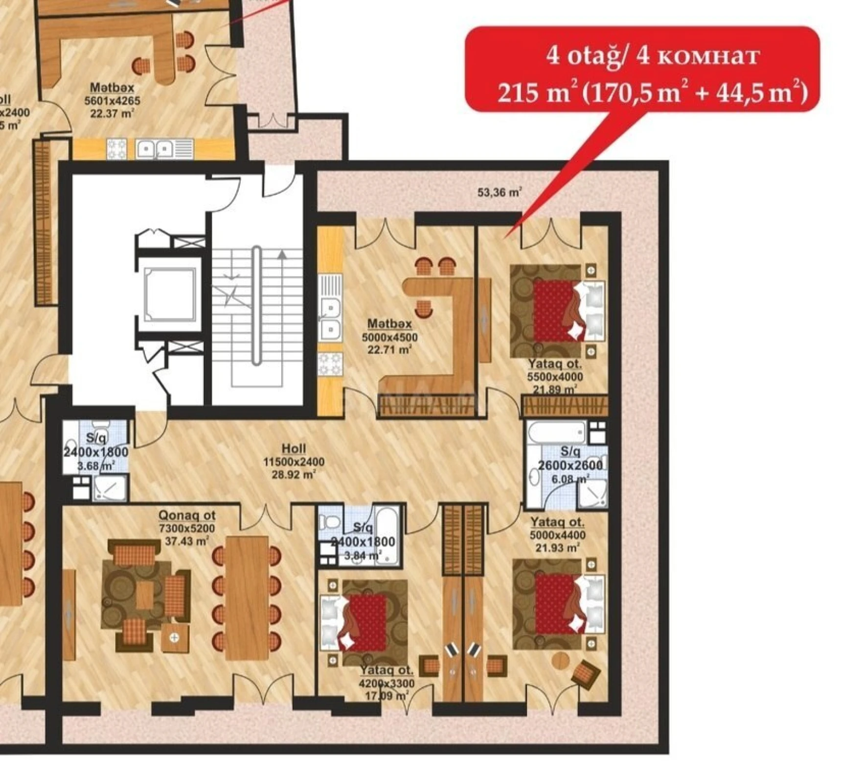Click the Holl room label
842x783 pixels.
coord(294,448)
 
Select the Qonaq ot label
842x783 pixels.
coord(187,515)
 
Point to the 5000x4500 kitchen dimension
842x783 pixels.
coord(389,337)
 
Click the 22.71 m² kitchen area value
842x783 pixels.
coord(389,350)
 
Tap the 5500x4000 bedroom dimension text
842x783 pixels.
coord(555,377)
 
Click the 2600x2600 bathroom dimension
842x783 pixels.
coord(570,465)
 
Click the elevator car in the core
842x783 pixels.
coord(170,295)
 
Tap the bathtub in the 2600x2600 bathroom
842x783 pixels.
coord(557,433)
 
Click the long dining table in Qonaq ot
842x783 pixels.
coord(248,598)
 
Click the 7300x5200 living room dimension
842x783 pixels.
coord(187,529)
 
